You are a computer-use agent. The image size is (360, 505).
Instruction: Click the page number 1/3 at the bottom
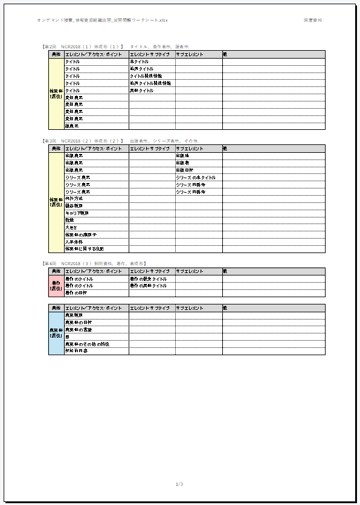coord(179,484)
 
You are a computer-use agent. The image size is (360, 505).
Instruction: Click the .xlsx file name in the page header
coord(103,20)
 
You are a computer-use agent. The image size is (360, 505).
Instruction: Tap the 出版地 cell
coord(182,156)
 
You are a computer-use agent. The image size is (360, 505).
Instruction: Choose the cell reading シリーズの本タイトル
coord(196,178)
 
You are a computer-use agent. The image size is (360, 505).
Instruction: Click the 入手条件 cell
coord(73,242)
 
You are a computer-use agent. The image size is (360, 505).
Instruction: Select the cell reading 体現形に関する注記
coord(84,249)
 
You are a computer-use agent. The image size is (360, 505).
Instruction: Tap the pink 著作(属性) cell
coord(56,286)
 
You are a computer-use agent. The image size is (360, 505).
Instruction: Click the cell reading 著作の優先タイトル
coord(148,279)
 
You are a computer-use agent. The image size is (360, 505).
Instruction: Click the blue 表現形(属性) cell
coord(56,333)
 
